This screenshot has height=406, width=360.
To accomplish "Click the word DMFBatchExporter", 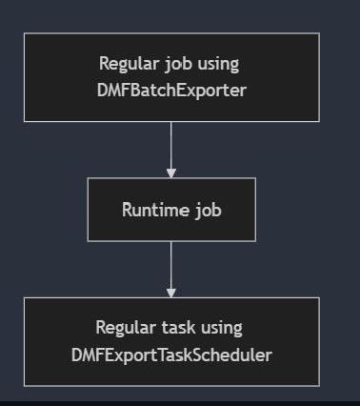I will click(x=170, y=90).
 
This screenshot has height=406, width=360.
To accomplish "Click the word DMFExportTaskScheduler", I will click(x=170, y=355).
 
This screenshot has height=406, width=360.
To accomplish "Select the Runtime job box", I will click(x=171, y=209).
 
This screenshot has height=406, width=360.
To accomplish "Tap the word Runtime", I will click(x=155, y=210).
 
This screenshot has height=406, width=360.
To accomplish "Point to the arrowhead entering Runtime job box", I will click(x=171, y=173).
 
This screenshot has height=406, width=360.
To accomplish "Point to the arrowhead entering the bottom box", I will click(x=171, y=292).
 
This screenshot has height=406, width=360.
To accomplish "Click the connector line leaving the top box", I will click(x=171, y=143).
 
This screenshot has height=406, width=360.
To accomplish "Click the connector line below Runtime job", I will click(x=171, y=262).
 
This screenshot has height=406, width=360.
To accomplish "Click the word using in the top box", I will click(x=218, y=65).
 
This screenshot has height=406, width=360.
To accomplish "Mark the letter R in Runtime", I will click(x=127, y=210).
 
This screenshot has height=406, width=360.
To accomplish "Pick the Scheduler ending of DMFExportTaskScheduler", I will click(x=238, y=355).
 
